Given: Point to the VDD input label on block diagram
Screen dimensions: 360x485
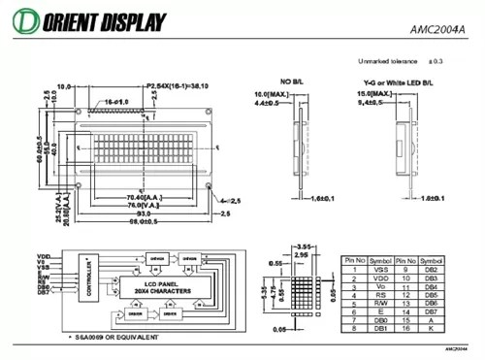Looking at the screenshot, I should (42, 262).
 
